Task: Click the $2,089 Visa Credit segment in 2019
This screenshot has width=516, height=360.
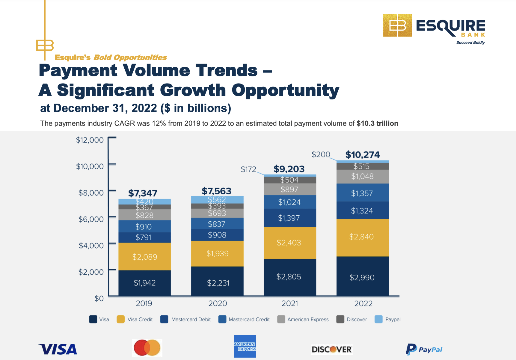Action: (145, 257)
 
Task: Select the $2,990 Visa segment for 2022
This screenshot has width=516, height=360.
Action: (362, 277)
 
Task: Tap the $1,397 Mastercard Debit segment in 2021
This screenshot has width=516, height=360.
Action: (289, 218)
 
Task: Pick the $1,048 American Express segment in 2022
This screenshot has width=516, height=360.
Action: (362, 176)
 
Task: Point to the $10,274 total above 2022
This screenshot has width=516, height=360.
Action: (362, 155)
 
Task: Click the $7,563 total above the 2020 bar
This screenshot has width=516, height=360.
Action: (216, 191)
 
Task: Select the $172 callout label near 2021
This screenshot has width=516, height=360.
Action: (248, 170)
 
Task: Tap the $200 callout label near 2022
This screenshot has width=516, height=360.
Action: (321, 155)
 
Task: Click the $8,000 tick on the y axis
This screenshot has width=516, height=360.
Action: (91, 193)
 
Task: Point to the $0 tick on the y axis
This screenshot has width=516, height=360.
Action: (99, 298)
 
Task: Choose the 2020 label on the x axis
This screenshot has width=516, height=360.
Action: (218, 303)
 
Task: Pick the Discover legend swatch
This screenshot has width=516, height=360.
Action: (340, 319)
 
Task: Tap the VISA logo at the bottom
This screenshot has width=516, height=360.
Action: (58, 349)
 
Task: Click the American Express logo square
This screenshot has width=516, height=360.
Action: (245, 346)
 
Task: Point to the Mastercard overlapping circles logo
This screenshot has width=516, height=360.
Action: (147, 348)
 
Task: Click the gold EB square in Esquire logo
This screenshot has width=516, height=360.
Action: (397, 25)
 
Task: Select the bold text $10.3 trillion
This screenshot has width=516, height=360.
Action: (377, 123)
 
